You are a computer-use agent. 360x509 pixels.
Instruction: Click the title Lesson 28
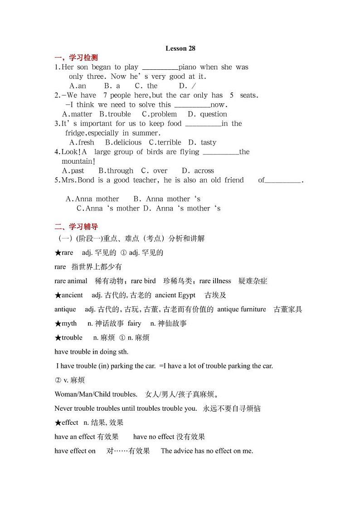click(180, 48)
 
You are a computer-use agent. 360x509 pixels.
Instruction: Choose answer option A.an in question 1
click(78, 86)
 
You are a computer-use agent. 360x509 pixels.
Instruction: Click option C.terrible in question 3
click(165, 142)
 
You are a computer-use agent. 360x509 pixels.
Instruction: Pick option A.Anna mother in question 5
click(92, 199)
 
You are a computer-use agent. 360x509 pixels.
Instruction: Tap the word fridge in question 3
click(75, 133)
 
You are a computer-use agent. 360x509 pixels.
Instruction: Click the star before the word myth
click(58, 324)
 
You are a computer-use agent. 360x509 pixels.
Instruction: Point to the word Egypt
click(187, 295)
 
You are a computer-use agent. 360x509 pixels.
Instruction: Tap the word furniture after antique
click(252, 309)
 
